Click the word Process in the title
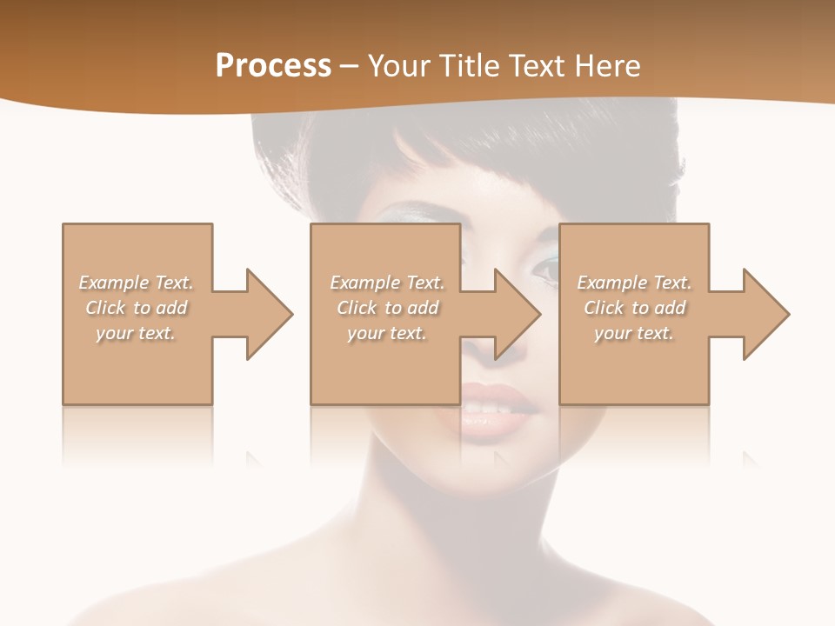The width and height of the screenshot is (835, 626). click(273, 66)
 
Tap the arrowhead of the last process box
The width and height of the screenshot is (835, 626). click(765, 314)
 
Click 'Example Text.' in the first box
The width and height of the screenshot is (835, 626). click(137, 283)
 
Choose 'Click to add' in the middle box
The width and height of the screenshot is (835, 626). click(387, 308)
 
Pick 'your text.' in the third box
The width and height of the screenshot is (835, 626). click(634, 333)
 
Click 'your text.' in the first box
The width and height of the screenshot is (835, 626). click(137, 333)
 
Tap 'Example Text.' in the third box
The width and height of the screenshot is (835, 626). click(634, 283)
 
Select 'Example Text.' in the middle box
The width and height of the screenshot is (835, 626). click(387, 283)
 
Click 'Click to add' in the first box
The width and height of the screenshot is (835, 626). click(137, 308)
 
